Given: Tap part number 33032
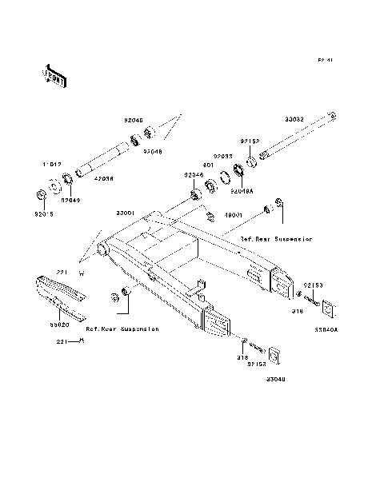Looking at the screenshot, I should (294, 119).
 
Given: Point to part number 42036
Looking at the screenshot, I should (103, 179).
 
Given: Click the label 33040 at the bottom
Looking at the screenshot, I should (277, 379).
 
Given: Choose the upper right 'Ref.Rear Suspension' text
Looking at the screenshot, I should (277, 238).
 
